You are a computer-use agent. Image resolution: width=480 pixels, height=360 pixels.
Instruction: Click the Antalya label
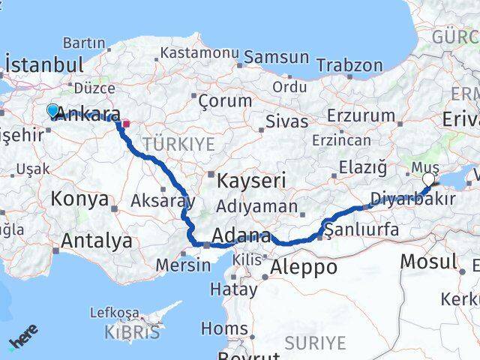pos(97,241)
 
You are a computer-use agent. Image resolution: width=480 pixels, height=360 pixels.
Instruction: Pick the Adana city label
pos(241,237)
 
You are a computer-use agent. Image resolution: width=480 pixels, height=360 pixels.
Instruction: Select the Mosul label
pos(428,262)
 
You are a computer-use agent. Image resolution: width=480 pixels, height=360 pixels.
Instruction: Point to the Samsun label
pos(276,57)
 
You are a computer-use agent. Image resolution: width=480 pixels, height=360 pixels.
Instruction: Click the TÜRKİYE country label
pos(179,144)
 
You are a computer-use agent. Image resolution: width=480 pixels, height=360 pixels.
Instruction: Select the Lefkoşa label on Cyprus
pos(114,312)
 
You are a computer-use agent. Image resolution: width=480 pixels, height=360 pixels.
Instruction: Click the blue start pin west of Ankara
pos(52,111)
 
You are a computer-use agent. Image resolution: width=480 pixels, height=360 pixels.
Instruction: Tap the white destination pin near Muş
pos(428,179)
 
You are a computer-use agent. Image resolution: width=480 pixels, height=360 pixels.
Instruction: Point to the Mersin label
pos(183,265)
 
